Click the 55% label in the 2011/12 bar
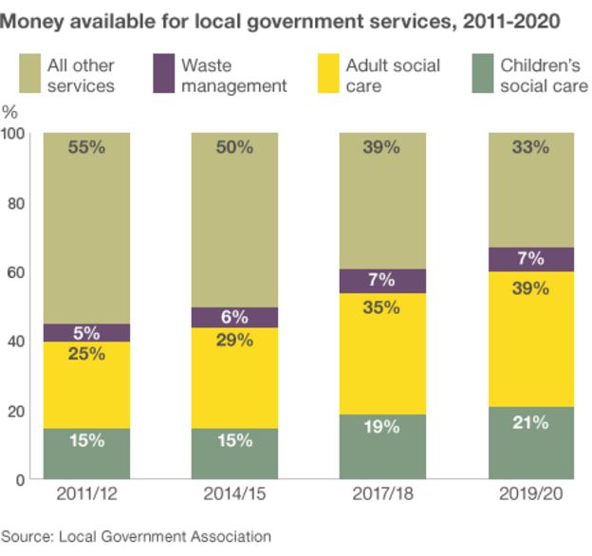click(86, 147)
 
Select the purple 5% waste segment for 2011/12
click(86, 333)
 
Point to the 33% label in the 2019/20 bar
click(530, 147)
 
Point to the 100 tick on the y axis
click(14, 134)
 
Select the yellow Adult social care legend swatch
click(325, 75)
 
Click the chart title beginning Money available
click(281, 19)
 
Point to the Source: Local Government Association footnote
click(137, 537)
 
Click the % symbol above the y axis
click(11, 112)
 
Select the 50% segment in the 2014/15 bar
click(234, 218)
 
